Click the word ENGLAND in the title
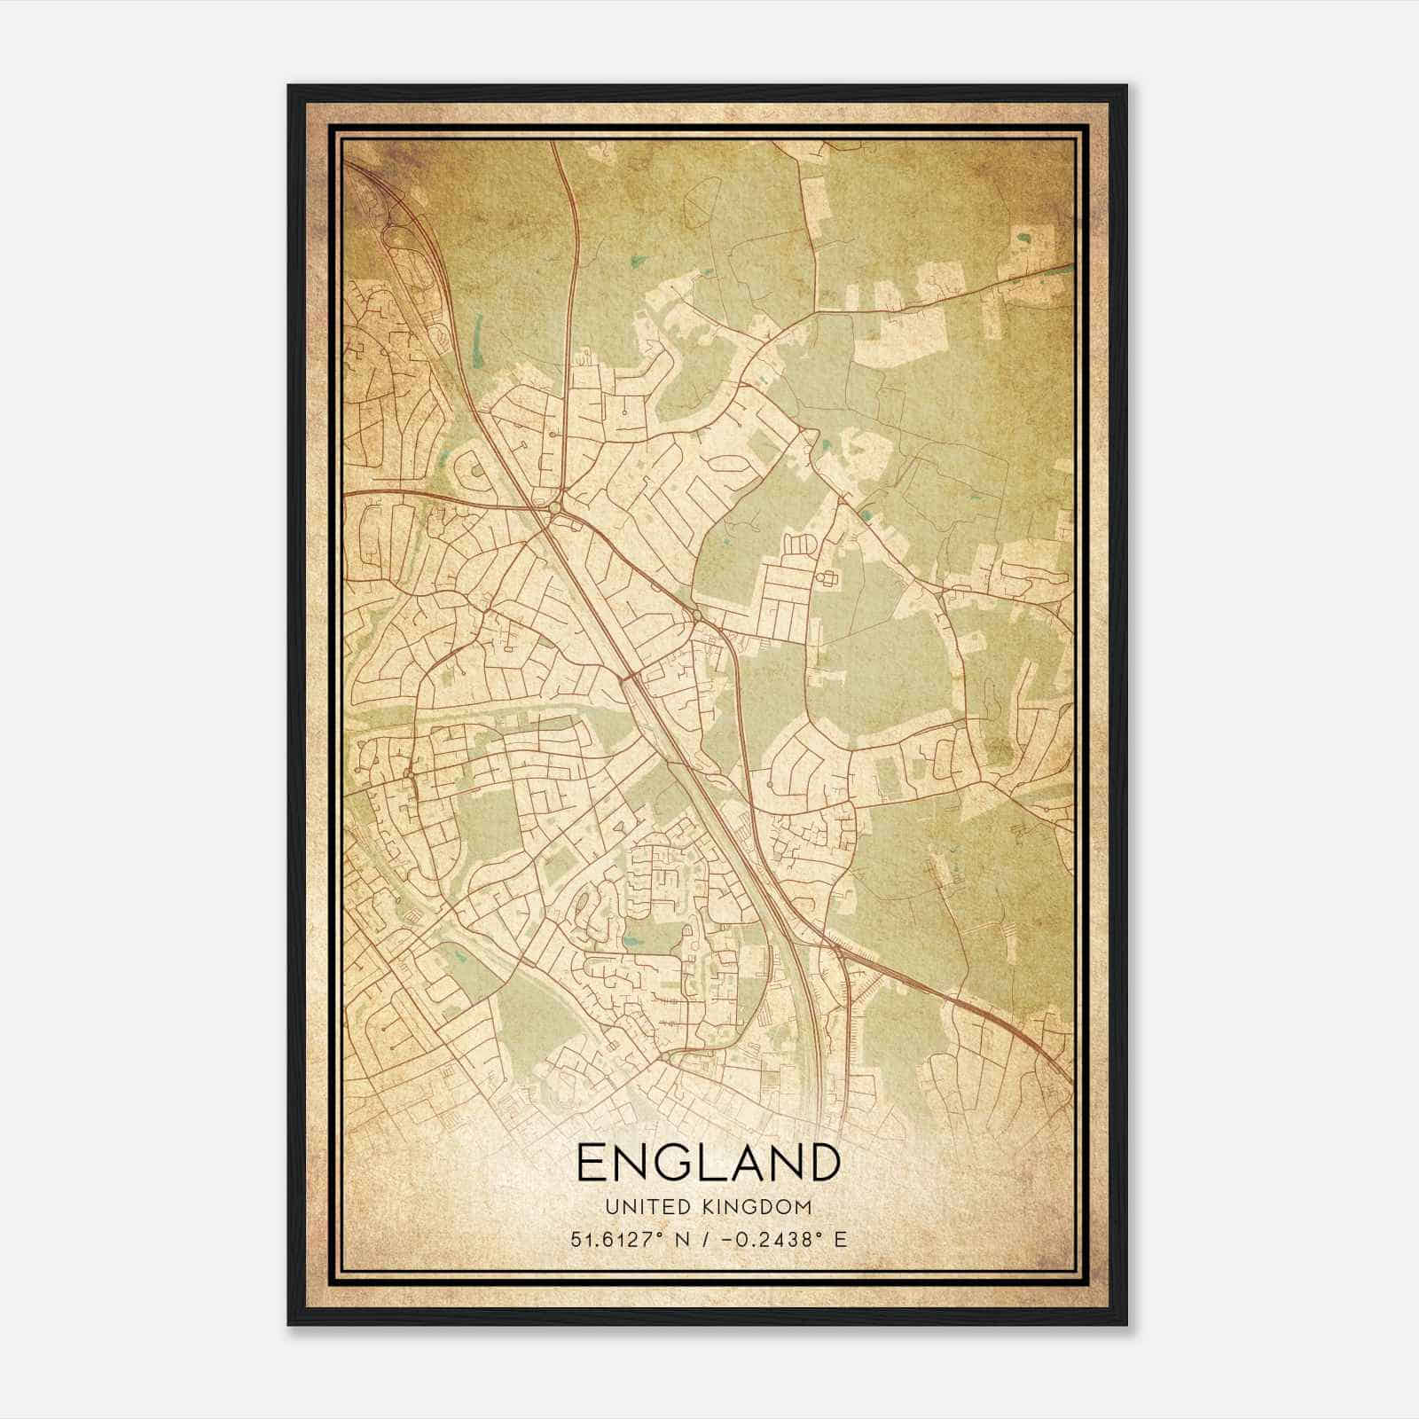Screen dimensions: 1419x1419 coord(708,1163)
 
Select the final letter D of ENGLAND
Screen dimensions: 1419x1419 coord(822,1163)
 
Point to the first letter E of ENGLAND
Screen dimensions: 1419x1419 coord(591,1163)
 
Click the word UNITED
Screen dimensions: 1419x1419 coord(647,1207)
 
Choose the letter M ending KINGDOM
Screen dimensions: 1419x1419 coord(804,1207)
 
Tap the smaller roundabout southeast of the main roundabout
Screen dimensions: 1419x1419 coord(697,615)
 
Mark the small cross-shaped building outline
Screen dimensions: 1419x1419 coord(829,579)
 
